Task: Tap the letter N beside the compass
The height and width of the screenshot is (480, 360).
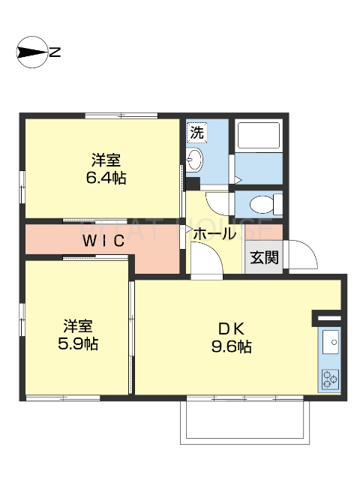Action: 55,52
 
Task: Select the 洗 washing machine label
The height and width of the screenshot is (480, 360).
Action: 196,133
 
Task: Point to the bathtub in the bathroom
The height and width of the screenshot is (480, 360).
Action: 258,136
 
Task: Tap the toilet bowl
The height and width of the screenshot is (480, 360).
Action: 259,204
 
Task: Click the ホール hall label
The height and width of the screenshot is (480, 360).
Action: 214,234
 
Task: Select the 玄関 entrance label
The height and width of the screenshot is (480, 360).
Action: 264,257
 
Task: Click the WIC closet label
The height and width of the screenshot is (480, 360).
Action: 103,241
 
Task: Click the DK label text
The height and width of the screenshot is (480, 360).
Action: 231,328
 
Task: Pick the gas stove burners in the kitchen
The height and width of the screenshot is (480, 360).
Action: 330,379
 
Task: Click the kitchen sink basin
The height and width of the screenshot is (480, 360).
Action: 330,344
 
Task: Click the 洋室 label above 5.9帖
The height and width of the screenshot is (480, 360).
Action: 78,326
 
